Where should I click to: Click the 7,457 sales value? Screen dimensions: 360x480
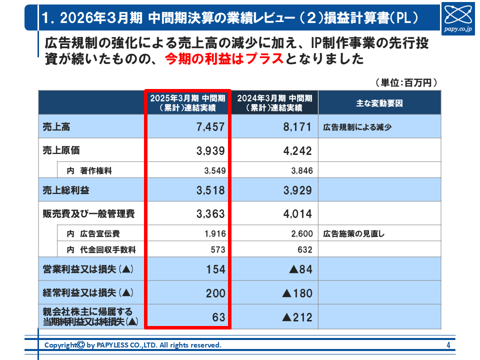click(211, 127)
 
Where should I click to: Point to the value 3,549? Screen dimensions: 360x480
click(215, 170)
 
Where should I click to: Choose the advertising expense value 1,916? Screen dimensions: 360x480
click(215, 233)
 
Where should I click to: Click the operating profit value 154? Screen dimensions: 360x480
click(216, 269)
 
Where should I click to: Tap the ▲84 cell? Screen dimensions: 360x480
click(300, 269)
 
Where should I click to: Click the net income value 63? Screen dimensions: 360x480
click(219, 317)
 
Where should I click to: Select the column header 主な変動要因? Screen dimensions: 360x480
click(379, 103)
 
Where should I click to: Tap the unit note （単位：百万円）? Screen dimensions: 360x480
click(406, 82)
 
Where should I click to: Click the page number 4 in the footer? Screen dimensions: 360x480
click(448, 345)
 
